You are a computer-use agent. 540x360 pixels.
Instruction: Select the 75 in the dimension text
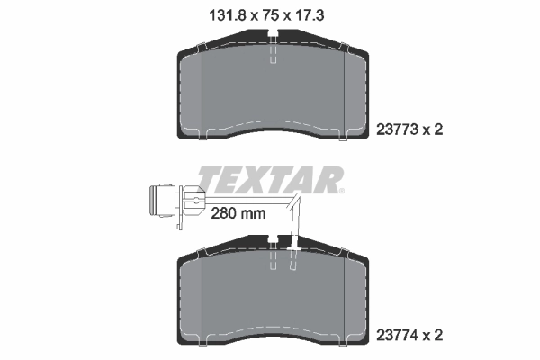click(x=268, y=14)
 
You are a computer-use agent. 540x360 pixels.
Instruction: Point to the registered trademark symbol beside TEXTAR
click(x=340, y=191)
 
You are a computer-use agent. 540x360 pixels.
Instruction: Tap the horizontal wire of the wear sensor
click(x=252, y=200)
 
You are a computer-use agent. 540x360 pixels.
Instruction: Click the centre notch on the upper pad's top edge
click(x=273, y=37)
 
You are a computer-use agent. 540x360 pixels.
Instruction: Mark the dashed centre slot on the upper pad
click(x=273, y=53)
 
